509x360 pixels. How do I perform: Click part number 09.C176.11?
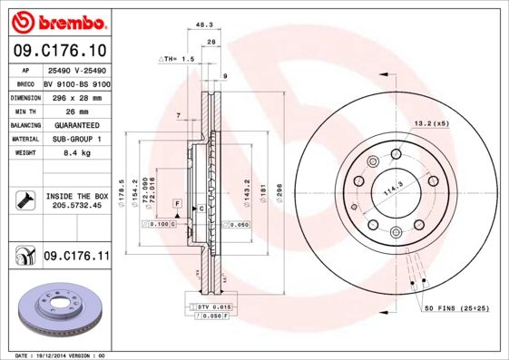(76, 257)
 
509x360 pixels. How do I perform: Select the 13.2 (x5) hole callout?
(432, 122)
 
